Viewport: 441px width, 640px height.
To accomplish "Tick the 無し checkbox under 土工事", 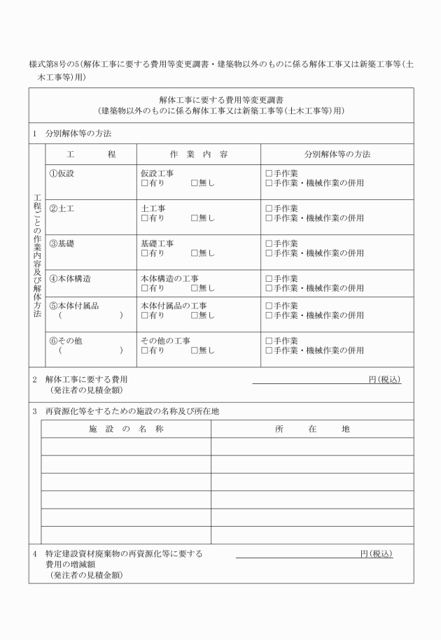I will click(195, 218).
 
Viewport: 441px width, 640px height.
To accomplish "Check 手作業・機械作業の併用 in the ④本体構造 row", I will click(269, 287).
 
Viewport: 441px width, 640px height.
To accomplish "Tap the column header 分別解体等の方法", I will click(337, 154).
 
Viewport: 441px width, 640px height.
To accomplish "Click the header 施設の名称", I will click(126, 429).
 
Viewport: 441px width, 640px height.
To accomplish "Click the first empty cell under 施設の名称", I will click(126, 446).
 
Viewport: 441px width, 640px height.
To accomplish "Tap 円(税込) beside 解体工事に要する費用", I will click(384, 379).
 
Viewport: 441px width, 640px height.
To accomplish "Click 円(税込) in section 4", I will click(376, 554).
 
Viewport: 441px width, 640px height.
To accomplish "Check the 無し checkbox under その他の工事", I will click(195, 350).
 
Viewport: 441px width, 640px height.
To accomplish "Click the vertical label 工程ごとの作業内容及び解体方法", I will click(37, 255).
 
